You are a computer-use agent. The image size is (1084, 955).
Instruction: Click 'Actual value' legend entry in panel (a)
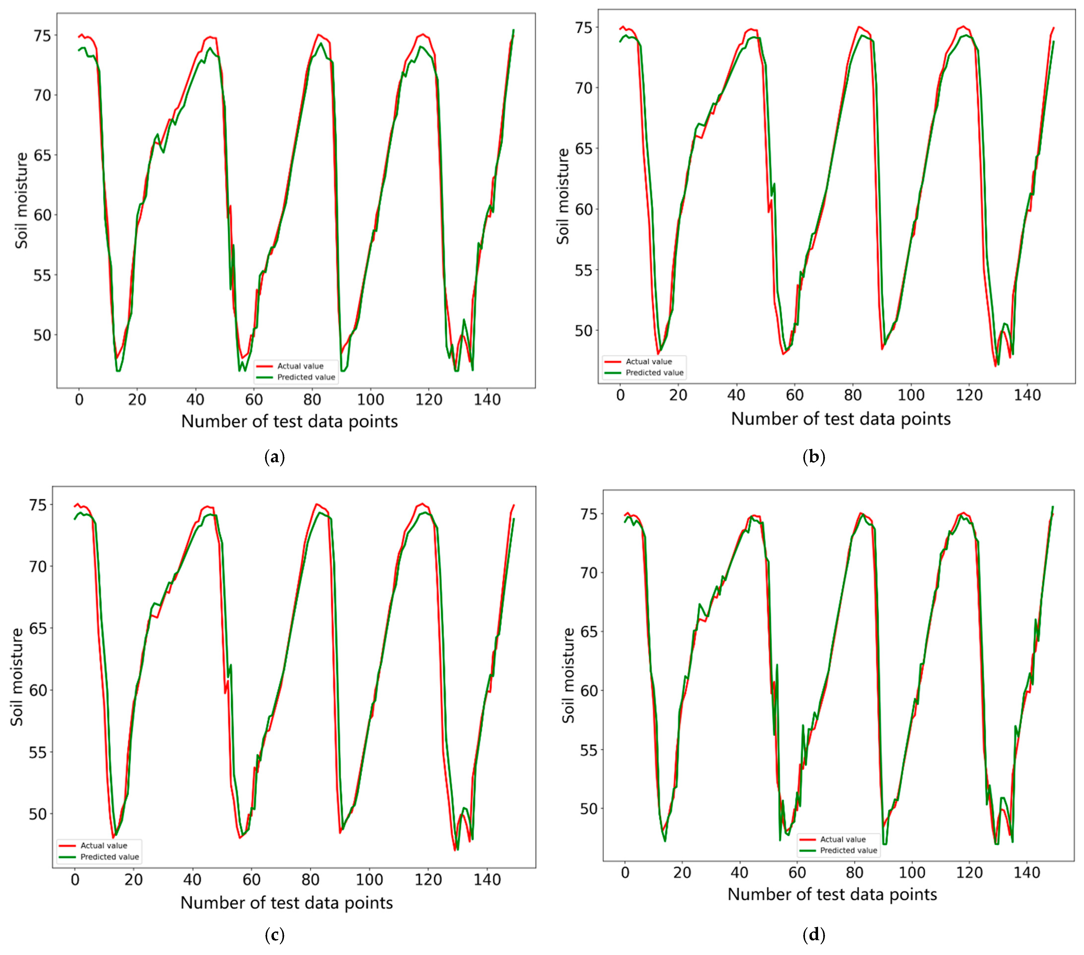pyautogui.click(x=300, y=366)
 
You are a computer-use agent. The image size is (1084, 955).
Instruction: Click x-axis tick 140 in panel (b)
pyautogui.click(x=1027, y=395)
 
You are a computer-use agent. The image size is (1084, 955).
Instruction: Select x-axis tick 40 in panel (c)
pyautogui.click(x=192, y=880)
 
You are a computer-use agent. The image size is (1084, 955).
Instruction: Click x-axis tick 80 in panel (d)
pyautogui.click(x=854, y=872)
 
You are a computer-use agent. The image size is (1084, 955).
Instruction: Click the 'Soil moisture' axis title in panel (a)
pyautogui.click(x=21, y=201)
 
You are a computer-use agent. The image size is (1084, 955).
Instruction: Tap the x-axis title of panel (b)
pyautogui.click(x=841, y=419)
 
